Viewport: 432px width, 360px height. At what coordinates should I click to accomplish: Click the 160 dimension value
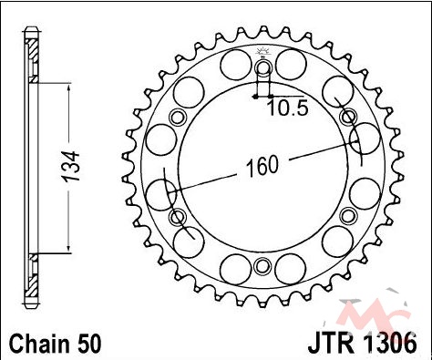coord(262,166)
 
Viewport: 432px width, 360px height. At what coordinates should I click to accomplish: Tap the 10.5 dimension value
coord(288,108)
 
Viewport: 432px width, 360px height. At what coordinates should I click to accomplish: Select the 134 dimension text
coord(71,167)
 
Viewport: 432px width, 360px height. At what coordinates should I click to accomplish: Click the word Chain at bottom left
coord(40,344)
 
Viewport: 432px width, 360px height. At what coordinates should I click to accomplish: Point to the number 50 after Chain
coord(88,344)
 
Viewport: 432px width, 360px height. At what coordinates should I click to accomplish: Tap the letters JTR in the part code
coord(332,344)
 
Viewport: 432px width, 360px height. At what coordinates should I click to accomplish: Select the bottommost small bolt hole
coord(262,266)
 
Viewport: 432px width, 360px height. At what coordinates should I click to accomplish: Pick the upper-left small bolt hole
coord(178,117)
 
